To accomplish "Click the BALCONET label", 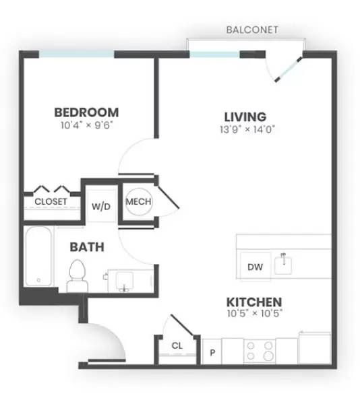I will [x=252, y=30].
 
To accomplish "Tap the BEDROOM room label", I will [x=86, y=112].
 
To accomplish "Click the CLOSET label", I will [x=51, y=201].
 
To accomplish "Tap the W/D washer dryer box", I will [x=101, y=206].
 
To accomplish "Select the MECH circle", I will [x=138, y=201].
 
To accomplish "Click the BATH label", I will [x=87, y=247].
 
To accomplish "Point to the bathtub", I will [x=39, y=257].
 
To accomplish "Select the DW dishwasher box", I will [x=255, y=267].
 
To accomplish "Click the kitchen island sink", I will [x=284, y=263].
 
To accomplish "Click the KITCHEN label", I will [x=253, y=302].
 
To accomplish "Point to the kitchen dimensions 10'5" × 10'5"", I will [x=253, y=314].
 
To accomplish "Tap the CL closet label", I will [x=177, y=346].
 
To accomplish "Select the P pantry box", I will [x=212, y=351].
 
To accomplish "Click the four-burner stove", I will [x=260, y=351].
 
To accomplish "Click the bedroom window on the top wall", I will [x=76, y=55].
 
